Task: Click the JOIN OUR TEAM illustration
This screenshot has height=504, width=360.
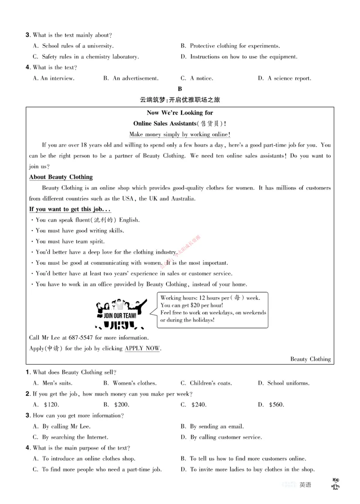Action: [x=121, y=312]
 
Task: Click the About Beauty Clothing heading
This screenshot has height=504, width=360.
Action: [x=61, y=177]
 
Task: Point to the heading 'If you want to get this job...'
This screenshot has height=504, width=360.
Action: [x=70, y=210]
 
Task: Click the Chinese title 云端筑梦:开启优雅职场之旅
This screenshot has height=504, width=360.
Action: [x=180, y=100]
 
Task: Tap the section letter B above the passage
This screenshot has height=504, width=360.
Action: [x=180, y=89]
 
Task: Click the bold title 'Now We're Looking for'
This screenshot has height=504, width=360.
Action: [x=180, y=113]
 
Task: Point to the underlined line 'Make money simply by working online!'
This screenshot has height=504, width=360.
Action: [x=180, y=134]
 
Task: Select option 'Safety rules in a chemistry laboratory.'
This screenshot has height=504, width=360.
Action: [x=90, y=57]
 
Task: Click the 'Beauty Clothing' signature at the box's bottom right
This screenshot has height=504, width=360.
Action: [x=310, y=359]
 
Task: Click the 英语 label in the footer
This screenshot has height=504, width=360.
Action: [x=305, y=485]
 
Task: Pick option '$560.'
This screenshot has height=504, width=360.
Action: [x=276, y=405]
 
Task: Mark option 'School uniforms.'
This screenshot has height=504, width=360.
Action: [x=288, y=384]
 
